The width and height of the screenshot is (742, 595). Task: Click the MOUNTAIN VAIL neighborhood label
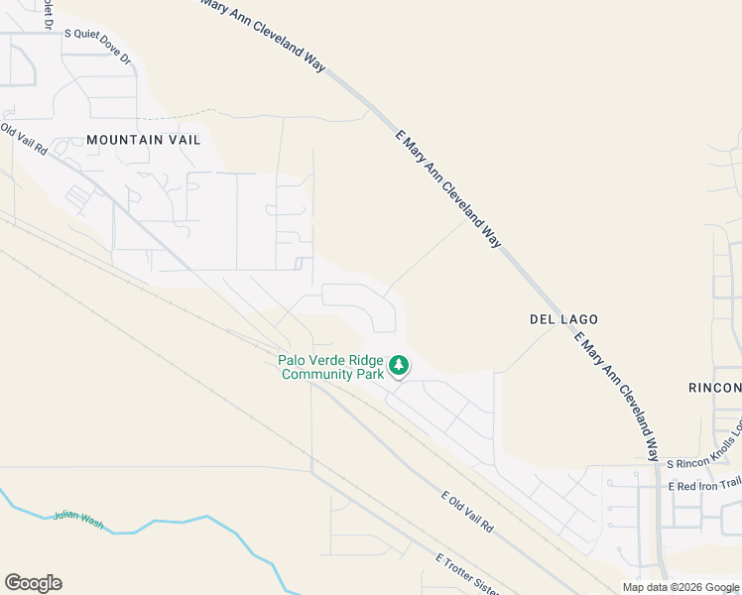(143, 140)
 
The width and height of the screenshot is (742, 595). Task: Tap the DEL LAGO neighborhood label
(563, 319)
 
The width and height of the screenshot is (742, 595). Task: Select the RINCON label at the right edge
(714, 387)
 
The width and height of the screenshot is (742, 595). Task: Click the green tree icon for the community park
(399, 366)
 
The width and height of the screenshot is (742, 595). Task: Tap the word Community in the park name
(317, 374)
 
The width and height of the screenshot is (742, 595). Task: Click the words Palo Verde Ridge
(330, 360)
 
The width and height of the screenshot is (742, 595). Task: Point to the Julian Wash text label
(77, 516)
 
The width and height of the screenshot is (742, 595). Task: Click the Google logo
(33, 583)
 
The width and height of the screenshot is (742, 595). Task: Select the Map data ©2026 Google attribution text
(680, 587)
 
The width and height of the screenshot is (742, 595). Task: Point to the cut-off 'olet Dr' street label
(48, 15)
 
